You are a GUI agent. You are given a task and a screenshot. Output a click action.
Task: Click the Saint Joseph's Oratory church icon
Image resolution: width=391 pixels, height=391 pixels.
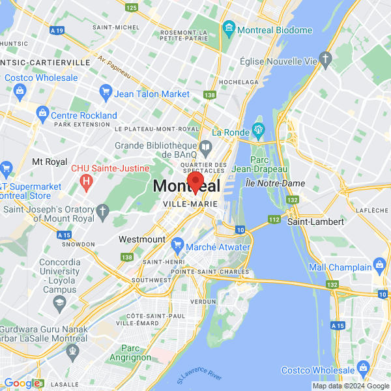coord(102,210)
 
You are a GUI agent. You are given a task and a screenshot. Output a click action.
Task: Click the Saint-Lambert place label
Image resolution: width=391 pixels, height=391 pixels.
coord(315,222)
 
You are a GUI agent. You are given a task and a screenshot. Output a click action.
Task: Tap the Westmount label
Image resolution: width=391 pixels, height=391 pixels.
coord(142,239)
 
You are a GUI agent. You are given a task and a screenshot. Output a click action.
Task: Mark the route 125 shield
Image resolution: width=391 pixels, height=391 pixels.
coord(132,7)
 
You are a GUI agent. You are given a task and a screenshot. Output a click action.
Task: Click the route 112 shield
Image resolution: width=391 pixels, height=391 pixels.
coord(274,220)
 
